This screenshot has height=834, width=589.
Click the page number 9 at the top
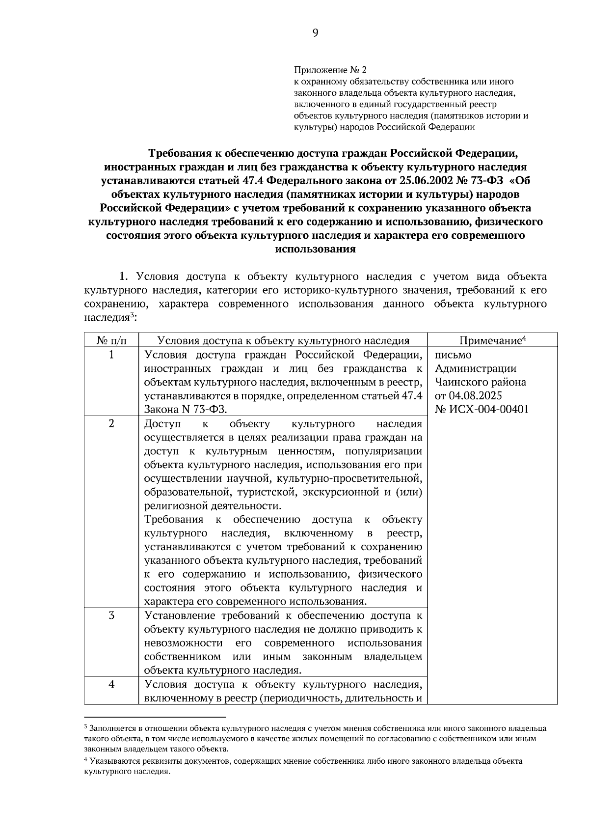(315, 33)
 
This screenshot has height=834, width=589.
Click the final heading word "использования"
(315, 249)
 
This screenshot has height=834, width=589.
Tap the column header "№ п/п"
(111, 340)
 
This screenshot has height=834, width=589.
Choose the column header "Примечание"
(492, 340)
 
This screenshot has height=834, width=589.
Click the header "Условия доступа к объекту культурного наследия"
(283, 340)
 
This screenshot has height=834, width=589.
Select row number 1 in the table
(111, 355)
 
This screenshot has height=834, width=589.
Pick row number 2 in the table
(111, 423)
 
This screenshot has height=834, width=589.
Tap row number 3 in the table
(111, 615)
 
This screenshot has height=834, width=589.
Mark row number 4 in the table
(111, 684)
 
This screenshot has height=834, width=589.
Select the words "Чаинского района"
(481, 382)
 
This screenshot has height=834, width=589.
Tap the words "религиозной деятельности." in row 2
(214, 506)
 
